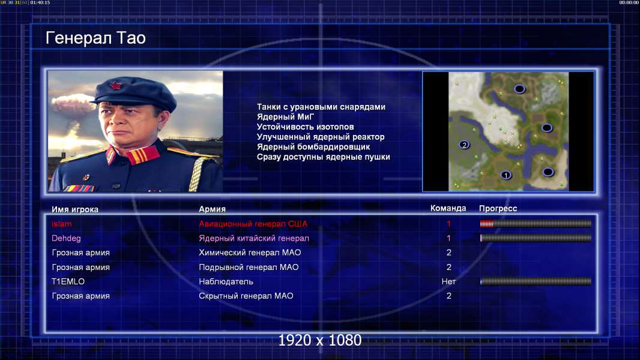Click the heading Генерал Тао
coord(95,38)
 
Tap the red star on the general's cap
coord(115,85)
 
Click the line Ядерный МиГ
coord(285,117)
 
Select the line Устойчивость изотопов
coord(306,127)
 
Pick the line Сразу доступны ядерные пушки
coord(323,157)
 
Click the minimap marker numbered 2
coord(464,145)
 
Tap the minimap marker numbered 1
coord(506,175)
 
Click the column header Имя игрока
coord(74,209)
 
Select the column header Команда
coord(448,208)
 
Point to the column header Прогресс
coord(498,209)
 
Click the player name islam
coord(62,224)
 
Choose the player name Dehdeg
coord(66,238)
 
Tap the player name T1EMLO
coord(68,281)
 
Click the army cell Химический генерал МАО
coord(250,253)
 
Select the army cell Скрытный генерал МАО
coord(246,296)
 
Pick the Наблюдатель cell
coord(226,282)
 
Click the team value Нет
coord(448,281)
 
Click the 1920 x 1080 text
coord(320,340)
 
